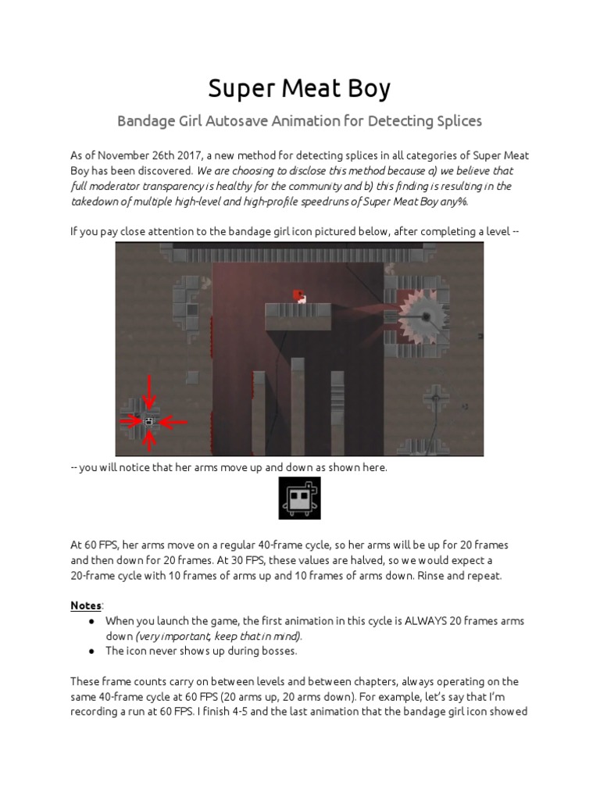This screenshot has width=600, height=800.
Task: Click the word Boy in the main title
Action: [x=366, y=88]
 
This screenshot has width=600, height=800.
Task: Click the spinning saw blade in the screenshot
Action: [x=427, y=316]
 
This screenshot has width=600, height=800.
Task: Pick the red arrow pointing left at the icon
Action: [x=173, y=422]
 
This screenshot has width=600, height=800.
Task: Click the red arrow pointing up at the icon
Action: [x=148, y=441]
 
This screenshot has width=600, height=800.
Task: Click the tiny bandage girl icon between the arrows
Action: [x=148, y=422]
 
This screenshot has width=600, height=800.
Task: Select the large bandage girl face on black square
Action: [x=299, y=498]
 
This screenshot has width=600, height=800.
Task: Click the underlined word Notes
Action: [x=85, y=605]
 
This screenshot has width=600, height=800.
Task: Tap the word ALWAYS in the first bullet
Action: [x=427, y=620]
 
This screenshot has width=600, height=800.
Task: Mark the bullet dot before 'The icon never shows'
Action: [x=91, y=650]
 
